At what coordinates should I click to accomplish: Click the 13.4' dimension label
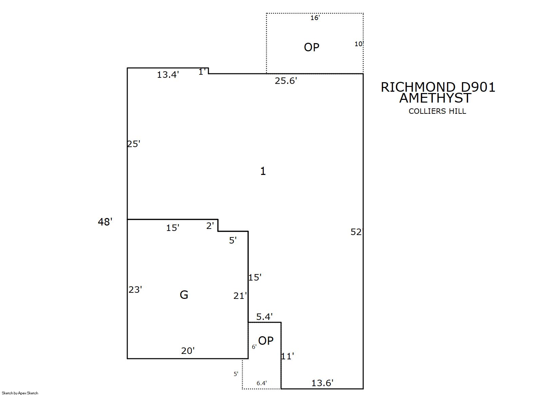(x=168, y=75)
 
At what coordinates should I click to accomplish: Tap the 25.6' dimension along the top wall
(x=286, y=81)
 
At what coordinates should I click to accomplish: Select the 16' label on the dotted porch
(x=315, y=18)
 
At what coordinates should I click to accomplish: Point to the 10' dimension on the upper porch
(x=359, y=44)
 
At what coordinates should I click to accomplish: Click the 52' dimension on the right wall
(x=356, y=232)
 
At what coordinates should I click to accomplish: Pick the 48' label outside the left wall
(x=105, y=222)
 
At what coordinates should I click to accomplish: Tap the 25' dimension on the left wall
(x=133, y=144)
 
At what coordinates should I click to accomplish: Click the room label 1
(x=263, y=171)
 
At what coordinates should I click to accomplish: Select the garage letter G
(x=184, y=295)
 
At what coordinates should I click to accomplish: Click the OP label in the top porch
(x=312, y=47)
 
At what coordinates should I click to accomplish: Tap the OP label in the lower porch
(x=266, y=341)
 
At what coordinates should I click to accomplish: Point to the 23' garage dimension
(x=135, y=290)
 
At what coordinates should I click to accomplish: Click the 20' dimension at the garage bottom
(x=188, y=351)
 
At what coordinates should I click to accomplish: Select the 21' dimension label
(x=240, y=296)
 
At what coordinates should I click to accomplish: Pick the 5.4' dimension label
(x=264, y=317)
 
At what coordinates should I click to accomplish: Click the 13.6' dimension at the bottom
(x=322, y=383)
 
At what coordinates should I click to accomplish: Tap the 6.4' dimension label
(x=262, y=383)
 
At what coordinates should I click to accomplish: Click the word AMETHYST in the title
(x=435, y=98)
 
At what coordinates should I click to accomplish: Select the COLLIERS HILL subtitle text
(x=438, y=111)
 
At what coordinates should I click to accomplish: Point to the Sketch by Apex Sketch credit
(x=20, y=393)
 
